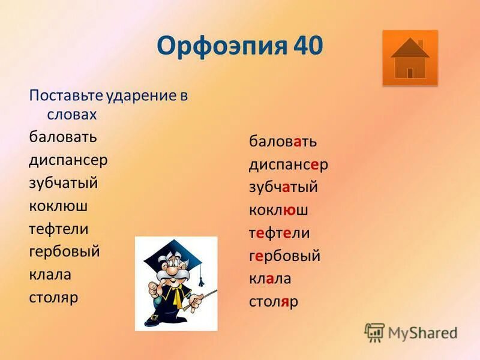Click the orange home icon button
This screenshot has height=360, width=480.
pos(410,58)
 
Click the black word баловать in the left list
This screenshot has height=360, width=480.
pos(62,137)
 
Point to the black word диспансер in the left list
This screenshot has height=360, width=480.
pos(68,160)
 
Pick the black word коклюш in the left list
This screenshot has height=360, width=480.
pos(58,206)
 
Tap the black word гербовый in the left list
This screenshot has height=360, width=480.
pos(64,251)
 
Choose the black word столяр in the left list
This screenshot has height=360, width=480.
pos(53,297)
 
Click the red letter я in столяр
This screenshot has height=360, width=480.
pos(285,302)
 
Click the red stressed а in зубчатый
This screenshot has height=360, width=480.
pos(286,187)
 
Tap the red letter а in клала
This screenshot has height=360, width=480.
pos(270,279)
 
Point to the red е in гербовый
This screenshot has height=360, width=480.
pos(259,256)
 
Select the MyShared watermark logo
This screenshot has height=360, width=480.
pos(411,332)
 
